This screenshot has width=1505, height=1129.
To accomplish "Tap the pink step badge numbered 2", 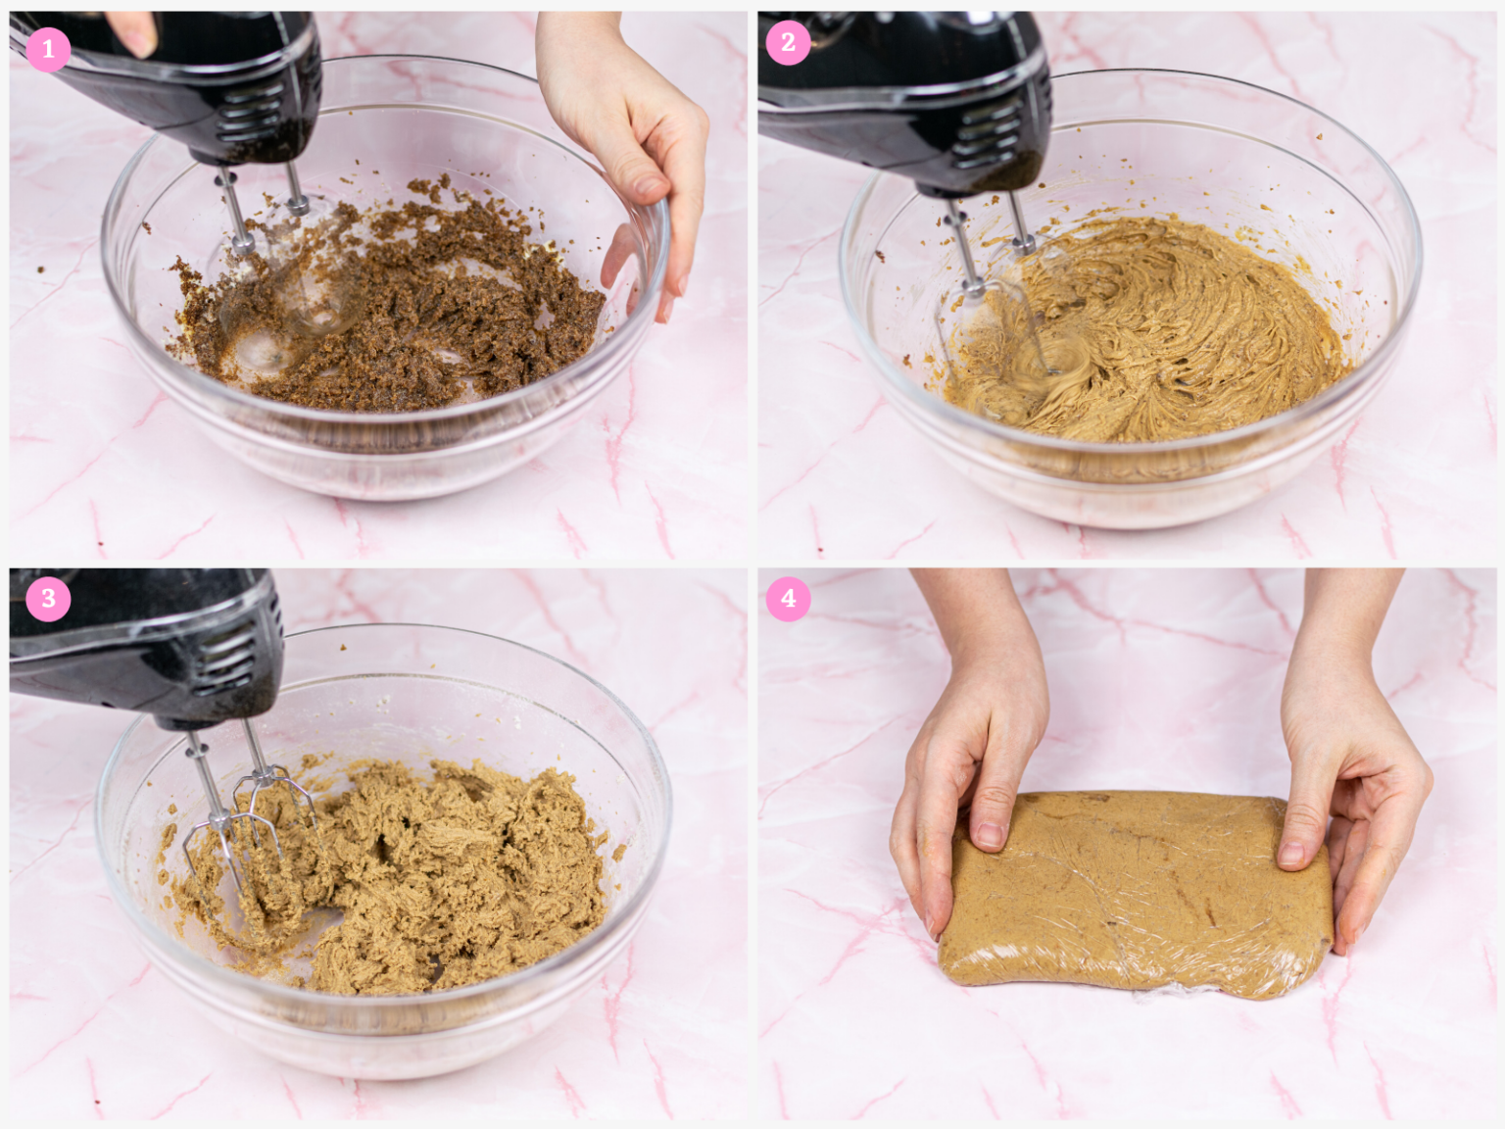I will pyautogui.click(x=788, y=43).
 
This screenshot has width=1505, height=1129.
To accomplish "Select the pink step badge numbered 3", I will pyautogui.click(x=48, y=599).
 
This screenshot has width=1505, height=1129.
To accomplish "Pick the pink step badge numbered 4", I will pyautogui.click(x=788, y=599).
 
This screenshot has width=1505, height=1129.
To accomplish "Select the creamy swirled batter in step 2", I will pyautogui.click(x=1176, y=333).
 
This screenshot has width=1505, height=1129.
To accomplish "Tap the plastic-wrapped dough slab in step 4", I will pyautogui.click(x=1137, y=892).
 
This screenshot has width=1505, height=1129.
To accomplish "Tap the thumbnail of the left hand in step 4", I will pyautogui.click(x=990, y=833).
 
